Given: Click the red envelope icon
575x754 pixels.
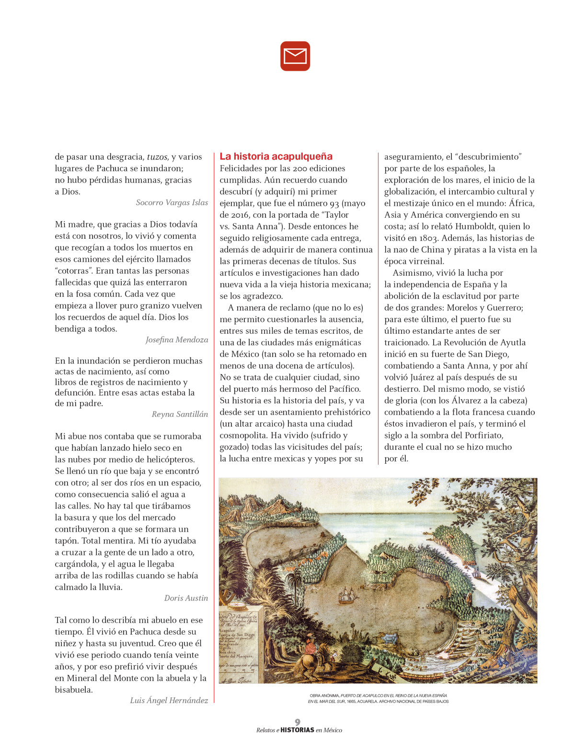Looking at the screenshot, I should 295,56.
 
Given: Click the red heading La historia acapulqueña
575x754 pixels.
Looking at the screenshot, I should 276,156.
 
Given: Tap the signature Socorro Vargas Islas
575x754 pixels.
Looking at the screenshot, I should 172,202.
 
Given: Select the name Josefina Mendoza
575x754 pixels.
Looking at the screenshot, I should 177,340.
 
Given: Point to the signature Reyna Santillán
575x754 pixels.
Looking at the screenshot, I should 180,414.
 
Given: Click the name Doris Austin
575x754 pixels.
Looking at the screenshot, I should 186,598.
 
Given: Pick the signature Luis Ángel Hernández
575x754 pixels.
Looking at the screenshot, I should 169,700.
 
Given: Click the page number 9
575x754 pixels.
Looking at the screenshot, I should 298,722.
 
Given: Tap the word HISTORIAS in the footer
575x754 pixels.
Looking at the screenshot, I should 297,730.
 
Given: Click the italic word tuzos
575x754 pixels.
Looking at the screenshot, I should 157,157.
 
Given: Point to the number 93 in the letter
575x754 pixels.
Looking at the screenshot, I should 334,203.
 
